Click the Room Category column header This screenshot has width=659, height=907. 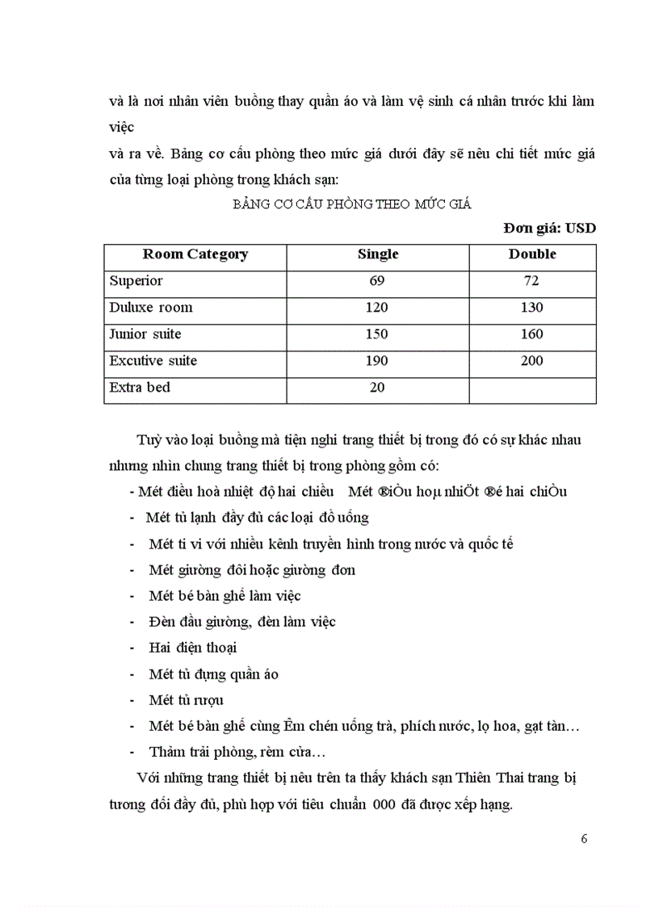tap(195, 254)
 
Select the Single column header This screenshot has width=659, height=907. tap(378, 254)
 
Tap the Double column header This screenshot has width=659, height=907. tap(531, 254)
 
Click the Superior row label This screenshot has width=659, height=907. tap(136, 281)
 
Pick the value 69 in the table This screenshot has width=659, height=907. tap(377, 281)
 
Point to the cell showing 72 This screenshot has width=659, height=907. tap(531, 281)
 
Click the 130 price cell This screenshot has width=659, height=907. tap(531, 308)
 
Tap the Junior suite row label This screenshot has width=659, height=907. tap(145, 334)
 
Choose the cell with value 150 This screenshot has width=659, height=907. tap(377, 334)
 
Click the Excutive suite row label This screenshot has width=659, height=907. tap(153, 361)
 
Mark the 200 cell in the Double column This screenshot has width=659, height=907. tap(531, 361)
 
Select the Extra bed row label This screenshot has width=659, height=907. tap(140, 388)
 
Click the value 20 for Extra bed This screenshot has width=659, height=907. tap(377, 388)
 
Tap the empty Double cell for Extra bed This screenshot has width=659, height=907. tap(531, 388)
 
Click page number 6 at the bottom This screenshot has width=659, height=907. tap(584, 838)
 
